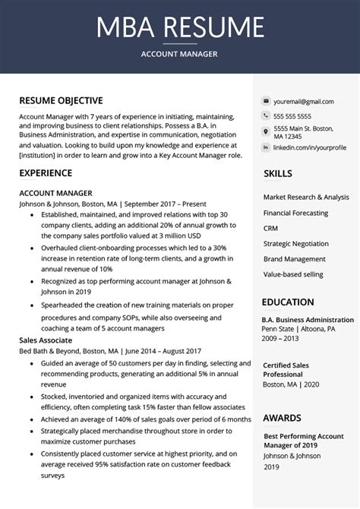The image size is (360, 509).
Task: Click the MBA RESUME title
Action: pyautogui.click(x=179, y=27)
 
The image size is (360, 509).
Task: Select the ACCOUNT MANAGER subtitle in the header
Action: pyautogui.click(x=179, y=54)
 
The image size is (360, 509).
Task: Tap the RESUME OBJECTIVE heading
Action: pyautogui.click(x=61, y=101)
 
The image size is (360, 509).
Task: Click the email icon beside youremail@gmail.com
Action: pyautogui.click(x=266, y=101)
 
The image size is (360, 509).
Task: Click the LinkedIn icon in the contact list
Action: pyautogui.click(x=266, y=147)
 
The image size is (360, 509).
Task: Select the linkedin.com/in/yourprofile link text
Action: pyautogui.click(x=310, y=147)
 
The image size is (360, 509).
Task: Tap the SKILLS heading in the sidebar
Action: pyautogui.click(x=278, y=174)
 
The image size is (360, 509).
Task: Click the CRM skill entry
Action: pyautogui.click(x=271, y=228)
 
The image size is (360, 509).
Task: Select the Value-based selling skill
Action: pyautogui.click(x=293, y=274)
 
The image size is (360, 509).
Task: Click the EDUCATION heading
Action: pyautogui.click(x=288, y=302)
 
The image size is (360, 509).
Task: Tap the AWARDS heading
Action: pyautogui.click(x=282, y=418)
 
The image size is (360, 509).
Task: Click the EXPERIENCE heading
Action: pyautogui.click(x=46, y=173)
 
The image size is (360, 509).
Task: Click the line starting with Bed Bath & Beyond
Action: pyautogui.click(x=110, y=352)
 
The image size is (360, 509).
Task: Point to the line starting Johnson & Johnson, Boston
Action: pyautogui.click(x=112, y=204)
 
